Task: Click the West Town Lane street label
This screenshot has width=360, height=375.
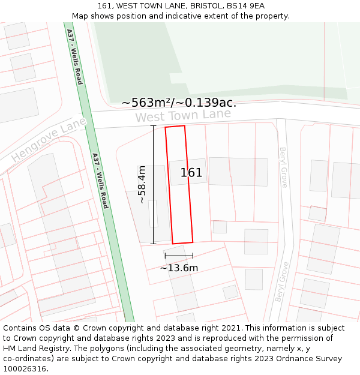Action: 183,115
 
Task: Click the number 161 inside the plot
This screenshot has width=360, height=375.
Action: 191,173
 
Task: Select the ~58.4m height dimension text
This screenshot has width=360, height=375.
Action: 142,184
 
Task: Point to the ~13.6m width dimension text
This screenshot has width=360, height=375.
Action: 179,268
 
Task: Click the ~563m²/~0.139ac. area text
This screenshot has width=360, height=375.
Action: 179,103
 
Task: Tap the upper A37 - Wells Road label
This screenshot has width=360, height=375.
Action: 74,56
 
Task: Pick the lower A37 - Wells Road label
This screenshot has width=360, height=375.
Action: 100,181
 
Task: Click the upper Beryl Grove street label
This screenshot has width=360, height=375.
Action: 283,167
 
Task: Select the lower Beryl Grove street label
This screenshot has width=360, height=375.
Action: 282,282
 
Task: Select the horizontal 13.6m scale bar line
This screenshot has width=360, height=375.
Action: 179,256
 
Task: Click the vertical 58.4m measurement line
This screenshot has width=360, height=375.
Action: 153,184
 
